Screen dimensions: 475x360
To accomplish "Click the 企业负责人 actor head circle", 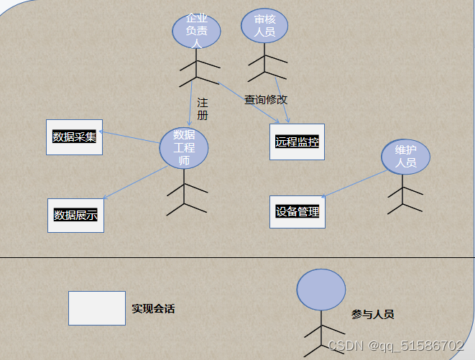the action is tap(195, 31).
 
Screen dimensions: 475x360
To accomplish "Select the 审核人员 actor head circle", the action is tap(264, 26).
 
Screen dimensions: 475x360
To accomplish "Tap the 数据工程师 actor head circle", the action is tap(184, 149).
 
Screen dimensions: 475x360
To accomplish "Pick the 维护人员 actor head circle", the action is tap(405, 157).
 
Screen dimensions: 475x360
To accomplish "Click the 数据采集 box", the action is tap(75, 137).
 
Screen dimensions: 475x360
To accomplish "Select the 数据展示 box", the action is tap(75, 215).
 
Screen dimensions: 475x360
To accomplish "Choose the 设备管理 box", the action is tap(298, 212).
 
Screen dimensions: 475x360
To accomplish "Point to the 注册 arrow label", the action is tap(203, 109).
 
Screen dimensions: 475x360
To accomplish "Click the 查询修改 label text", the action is tap(266, 100).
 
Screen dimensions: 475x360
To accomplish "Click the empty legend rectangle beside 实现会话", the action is tap(97, 308).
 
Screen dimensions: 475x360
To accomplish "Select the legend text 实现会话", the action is tap(153, 309).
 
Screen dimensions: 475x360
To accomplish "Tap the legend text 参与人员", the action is tap(372, 314).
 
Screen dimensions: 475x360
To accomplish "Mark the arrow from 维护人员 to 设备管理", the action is tap(354, 183).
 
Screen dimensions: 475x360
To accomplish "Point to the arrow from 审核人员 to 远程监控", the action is tap(282, 97).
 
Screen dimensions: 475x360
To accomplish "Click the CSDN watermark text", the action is tap(395, 346).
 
